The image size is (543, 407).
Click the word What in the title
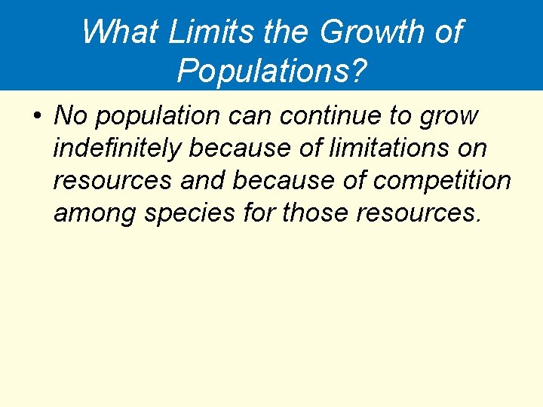[x=120, y=32]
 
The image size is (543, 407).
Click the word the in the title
[x=288, y=32]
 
